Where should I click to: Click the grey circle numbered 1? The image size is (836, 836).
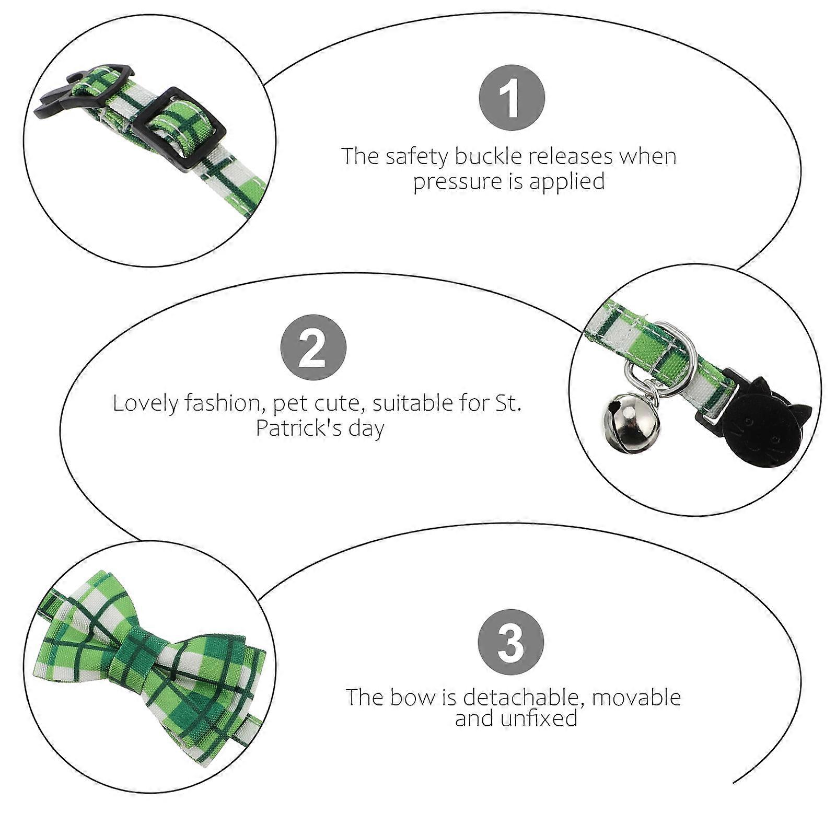point(512,98)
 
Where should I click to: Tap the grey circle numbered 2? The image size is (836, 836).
point(313,347)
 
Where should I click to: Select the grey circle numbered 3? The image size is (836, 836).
point(511,642)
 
